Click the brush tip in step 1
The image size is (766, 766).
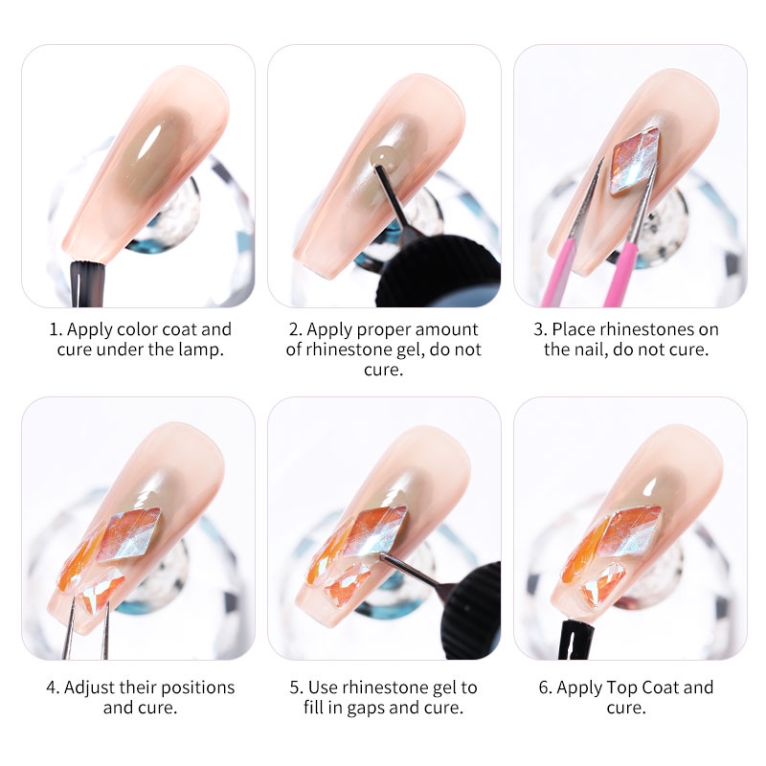click(x=88, y=284)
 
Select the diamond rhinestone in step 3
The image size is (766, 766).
click(x=636, y=161)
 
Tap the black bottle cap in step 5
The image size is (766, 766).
click(x=472, y=610)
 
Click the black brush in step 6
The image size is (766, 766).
click(x=577, y=639)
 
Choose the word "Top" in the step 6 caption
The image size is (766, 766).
click(x=621, y=687)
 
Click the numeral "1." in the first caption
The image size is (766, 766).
click(x=56, y=329)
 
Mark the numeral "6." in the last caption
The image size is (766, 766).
click(x=545, y=687)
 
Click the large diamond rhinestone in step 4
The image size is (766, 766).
click(x=129, y=533)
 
